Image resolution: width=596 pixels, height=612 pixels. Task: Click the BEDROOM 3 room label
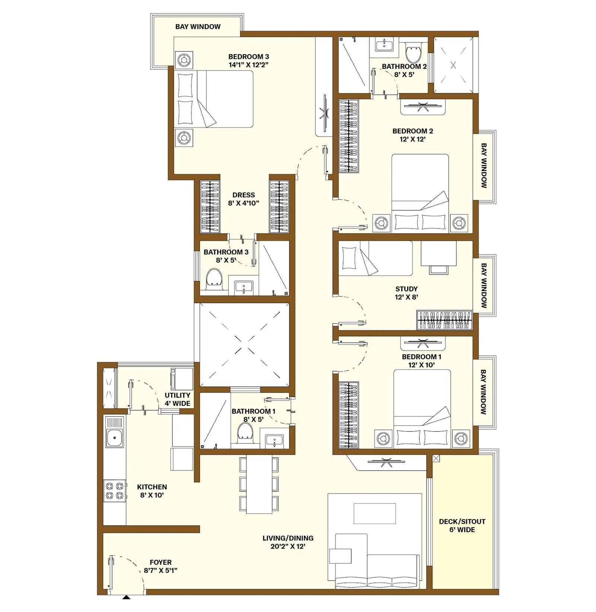coord(248,57)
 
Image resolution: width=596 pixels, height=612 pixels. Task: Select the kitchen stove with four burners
coord(114,491)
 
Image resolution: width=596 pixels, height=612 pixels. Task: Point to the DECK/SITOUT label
coord(462,521)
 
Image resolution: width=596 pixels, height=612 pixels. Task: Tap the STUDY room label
coord(406,289)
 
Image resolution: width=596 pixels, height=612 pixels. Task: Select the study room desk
coord(439,253)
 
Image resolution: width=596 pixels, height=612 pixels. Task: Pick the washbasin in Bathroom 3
coord(244,288)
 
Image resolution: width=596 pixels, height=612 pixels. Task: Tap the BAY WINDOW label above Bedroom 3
coord(198,26)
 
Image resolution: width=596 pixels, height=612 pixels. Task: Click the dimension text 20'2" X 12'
coord(288,546)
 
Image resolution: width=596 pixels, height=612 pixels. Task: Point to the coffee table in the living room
coord(375,514)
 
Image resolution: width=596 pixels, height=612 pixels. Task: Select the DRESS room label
coord(244,195)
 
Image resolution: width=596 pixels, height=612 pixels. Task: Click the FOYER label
coord(161,562)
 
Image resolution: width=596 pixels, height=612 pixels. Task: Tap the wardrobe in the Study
coord(444,320)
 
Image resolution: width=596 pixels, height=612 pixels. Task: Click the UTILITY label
coord(177,395)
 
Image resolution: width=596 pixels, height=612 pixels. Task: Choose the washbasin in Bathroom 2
coord(384,46)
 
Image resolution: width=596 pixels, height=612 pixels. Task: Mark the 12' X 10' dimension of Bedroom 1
coord(421,365)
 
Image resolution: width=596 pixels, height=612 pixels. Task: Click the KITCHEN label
coord(152,487)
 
